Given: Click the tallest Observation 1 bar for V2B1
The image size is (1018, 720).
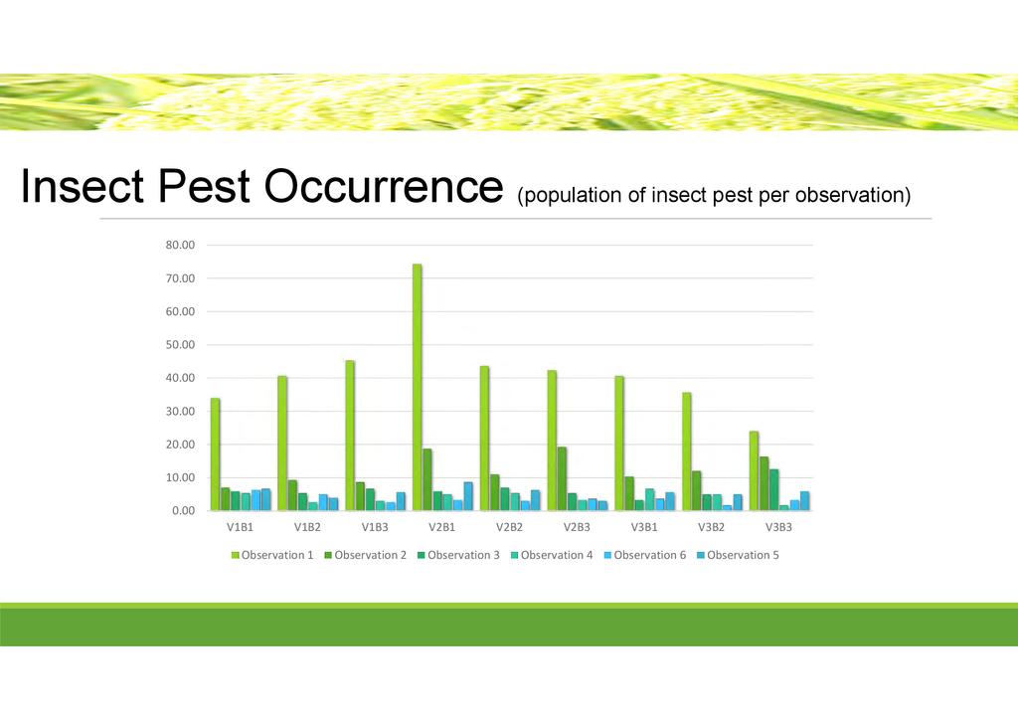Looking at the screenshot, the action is pos(417,387).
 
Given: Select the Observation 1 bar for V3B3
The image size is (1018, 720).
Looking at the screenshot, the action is pos(754,470).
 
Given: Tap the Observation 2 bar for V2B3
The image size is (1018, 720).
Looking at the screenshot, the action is pos(562,478).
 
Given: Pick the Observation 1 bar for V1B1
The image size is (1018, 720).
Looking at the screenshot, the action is pos(215,454).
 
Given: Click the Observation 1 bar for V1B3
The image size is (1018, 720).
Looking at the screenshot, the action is pos(350,436).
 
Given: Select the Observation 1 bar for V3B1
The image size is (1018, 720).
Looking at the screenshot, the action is pos(619,444).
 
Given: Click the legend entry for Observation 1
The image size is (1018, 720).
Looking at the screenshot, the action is pos(272,555).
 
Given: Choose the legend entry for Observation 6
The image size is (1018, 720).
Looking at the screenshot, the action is pos(644,555).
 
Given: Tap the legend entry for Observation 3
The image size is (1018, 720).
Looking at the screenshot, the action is pos(458,555).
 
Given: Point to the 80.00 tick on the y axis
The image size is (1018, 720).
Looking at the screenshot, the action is pos(180,245).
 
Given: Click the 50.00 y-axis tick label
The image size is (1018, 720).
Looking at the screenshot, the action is pos(180,345).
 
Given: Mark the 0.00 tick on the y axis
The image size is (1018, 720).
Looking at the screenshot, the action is pos(183,511).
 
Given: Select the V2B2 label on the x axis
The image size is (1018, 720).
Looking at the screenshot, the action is pos(510,527).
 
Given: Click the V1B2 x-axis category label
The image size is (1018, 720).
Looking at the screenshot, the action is pos(308,527).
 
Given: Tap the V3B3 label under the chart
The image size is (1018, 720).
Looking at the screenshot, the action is pos(778,527).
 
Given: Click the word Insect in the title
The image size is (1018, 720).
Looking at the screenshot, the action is pos(83,186).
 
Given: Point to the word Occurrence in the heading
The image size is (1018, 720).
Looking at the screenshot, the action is pos(383,186).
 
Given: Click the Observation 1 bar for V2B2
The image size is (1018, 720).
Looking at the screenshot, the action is pos(484,439).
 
